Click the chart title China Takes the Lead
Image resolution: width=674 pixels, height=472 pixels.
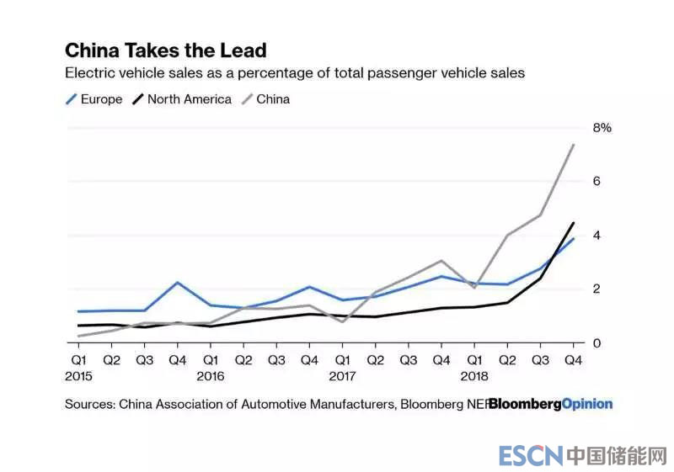166,50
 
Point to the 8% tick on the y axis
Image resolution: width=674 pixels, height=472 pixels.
602,128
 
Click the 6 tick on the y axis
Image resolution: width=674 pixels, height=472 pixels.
596,182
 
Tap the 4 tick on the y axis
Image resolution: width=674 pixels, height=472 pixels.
596,236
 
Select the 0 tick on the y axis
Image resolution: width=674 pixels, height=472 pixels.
596,343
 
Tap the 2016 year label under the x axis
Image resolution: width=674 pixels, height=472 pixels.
211,376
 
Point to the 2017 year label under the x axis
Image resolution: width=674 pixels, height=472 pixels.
342,376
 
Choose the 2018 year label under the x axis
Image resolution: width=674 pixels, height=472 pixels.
473,376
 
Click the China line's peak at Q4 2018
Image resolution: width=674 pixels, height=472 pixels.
573,145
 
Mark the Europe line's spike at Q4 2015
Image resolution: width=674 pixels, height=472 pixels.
178,283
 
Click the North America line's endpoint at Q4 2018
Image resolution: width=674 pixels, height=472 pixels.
573,223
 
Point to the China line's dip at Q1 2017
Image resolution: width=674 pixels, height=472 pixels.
342,321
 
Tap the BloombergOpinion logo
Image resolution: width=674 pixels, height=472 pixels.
550,404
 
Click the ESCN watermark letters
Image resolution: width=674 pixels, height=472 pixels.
530,456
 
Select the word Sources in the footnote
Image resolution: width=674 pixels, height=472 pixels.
89,404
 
